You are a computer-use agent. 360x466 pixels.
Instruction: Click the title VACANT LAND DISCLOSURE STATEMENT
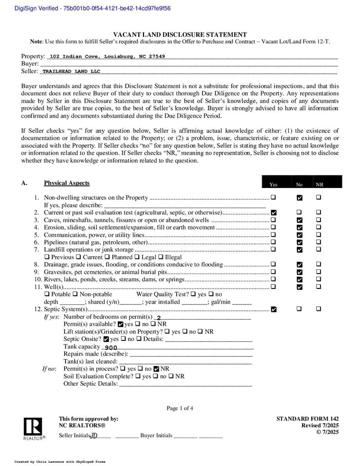pyautogui.click(x=180, y=35)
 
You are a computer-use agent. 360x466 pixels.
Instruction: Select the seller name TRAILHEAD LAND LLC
pyautogui.click(x=71, y=71)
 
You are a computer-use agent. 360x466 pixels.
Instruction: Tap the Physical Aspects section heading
pyautogui.click(x=66, y=183)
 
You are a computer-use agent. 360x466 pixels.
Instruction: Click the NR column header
pyautogui.click(x=319, y=184)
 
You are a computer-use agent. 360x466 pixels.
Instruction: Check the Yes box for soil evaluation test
pyautogui.click(x=274, y=213)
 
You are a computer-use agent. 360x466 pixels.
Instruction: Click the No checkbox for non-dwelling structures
pyautogui.click(x=299, y=198)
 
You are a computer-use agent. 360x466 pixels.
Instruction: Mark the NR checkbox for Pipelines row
pyautogui.click(x=319, y=242)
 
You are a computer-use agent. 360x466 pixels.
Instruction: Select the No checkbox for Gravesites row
pyautogui.click(x=299, y=272)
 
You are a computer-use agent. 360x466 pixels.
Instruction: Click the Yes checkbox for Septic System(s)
pyautogui.click(x=274, y=309)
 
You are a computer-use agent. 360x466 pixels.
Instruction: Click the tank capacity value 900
pyautogui.click(x=111, y=347)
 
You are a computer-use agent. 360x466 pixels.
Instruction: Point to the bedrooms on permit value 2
pyautogui.click(x=158, y=318)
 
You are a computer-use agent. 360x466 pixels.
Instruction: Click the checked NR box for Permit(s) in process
pyautogui.click(x=157, y=369)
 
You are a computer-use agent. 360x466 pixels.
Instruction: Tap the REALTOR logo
pyautogui.click(x=34, y=429)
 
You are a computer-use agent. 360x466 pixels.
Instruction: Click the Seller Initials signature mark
pyautogui.click(x=94, y=436)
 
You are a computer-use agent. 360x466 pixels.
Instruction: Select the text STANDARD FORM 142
pyautogui.click(x=307, y=419)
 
